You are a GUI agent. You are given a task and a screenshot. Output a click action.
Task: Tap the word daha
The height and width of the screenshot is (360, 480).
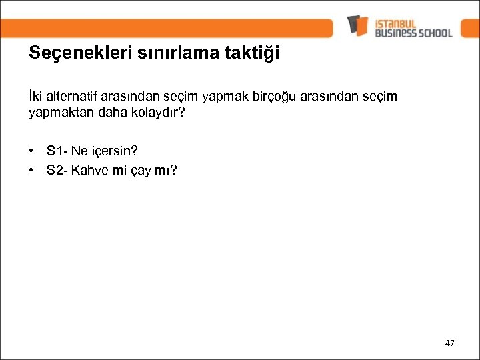107,113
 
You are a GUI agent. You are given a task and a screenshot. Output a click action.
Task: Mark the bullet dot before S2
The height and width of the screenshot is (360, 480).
32,170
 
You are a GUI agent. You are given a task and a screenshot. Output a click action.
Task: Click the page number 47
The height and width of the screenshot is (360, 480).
450,343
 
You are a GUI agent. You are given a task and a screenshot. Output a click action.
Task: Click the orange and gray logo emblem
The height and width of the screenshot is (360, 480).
358,25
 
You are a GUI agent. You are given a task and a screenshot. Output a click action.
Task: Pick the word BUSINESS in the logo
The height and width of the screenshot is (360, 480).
395,32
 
